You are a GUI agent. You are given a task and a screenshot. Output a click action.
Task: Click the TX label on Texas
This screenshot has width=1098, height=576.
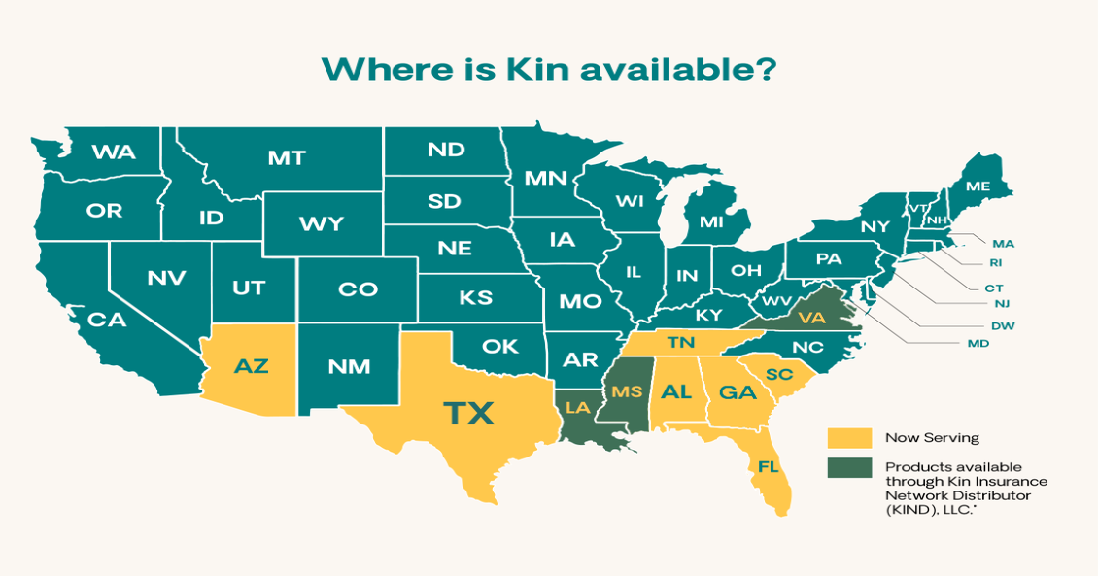coord(468,413)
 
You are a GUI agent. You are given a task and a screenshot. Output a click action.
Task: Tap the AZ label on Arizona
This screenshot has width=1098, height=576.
coord(251,366)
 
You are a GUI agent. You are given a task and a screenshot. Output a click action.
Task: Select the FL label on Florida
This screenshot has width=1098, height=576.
coord(769,466)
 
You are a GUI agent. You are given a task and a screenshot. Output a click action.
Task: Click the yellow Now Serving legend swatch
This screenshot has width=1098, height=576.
coord(849,437)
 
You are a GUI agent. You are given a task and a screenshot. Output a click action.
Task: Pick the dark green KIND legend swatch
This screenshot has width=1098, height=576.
coord(849,467)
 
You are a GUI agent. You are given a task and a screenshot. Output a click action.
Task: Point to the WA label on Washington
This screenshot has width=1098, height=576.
coord(114,152)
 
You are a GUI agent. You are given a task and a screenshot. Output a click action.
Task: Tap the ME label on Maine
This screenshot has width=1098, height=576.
coord(978,186)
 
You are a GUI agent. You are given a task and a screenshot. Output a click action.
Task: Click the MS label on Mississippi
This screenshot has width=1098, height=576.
coord(627,391)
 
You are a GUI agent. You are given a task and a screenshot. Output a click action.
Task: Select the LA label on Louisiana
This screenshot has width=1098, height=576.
coord(577,407)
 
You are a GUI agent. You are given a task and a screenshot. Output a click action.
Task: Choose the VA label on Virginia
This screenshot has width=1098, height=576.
coord(811,317)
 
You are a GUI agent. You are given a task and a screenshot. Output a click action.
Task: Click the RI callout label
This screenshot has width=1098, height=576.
coord(995,263)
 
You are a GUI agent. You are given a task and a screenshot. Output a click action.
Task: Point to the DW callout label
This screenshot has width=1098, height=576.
coord(1003,326)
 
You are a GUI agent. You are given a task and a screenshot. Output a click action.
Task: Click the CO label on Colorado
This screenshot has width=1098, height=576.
coord(358,289)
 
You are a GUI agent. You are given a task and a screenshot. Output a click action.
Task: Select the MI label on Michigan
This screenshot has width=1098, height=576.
coord(711,222)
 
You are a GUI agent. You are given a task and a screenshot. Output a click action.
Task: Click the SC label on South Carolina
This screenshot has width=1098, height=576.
coord(779,375)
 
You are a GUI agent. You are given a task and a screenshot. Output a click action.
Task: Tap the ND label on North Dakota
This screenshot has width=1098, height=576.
coord(445,150)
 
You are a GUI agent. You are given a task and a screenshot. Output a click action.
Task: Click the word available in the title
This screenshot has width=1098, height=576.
coord(671,70)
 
